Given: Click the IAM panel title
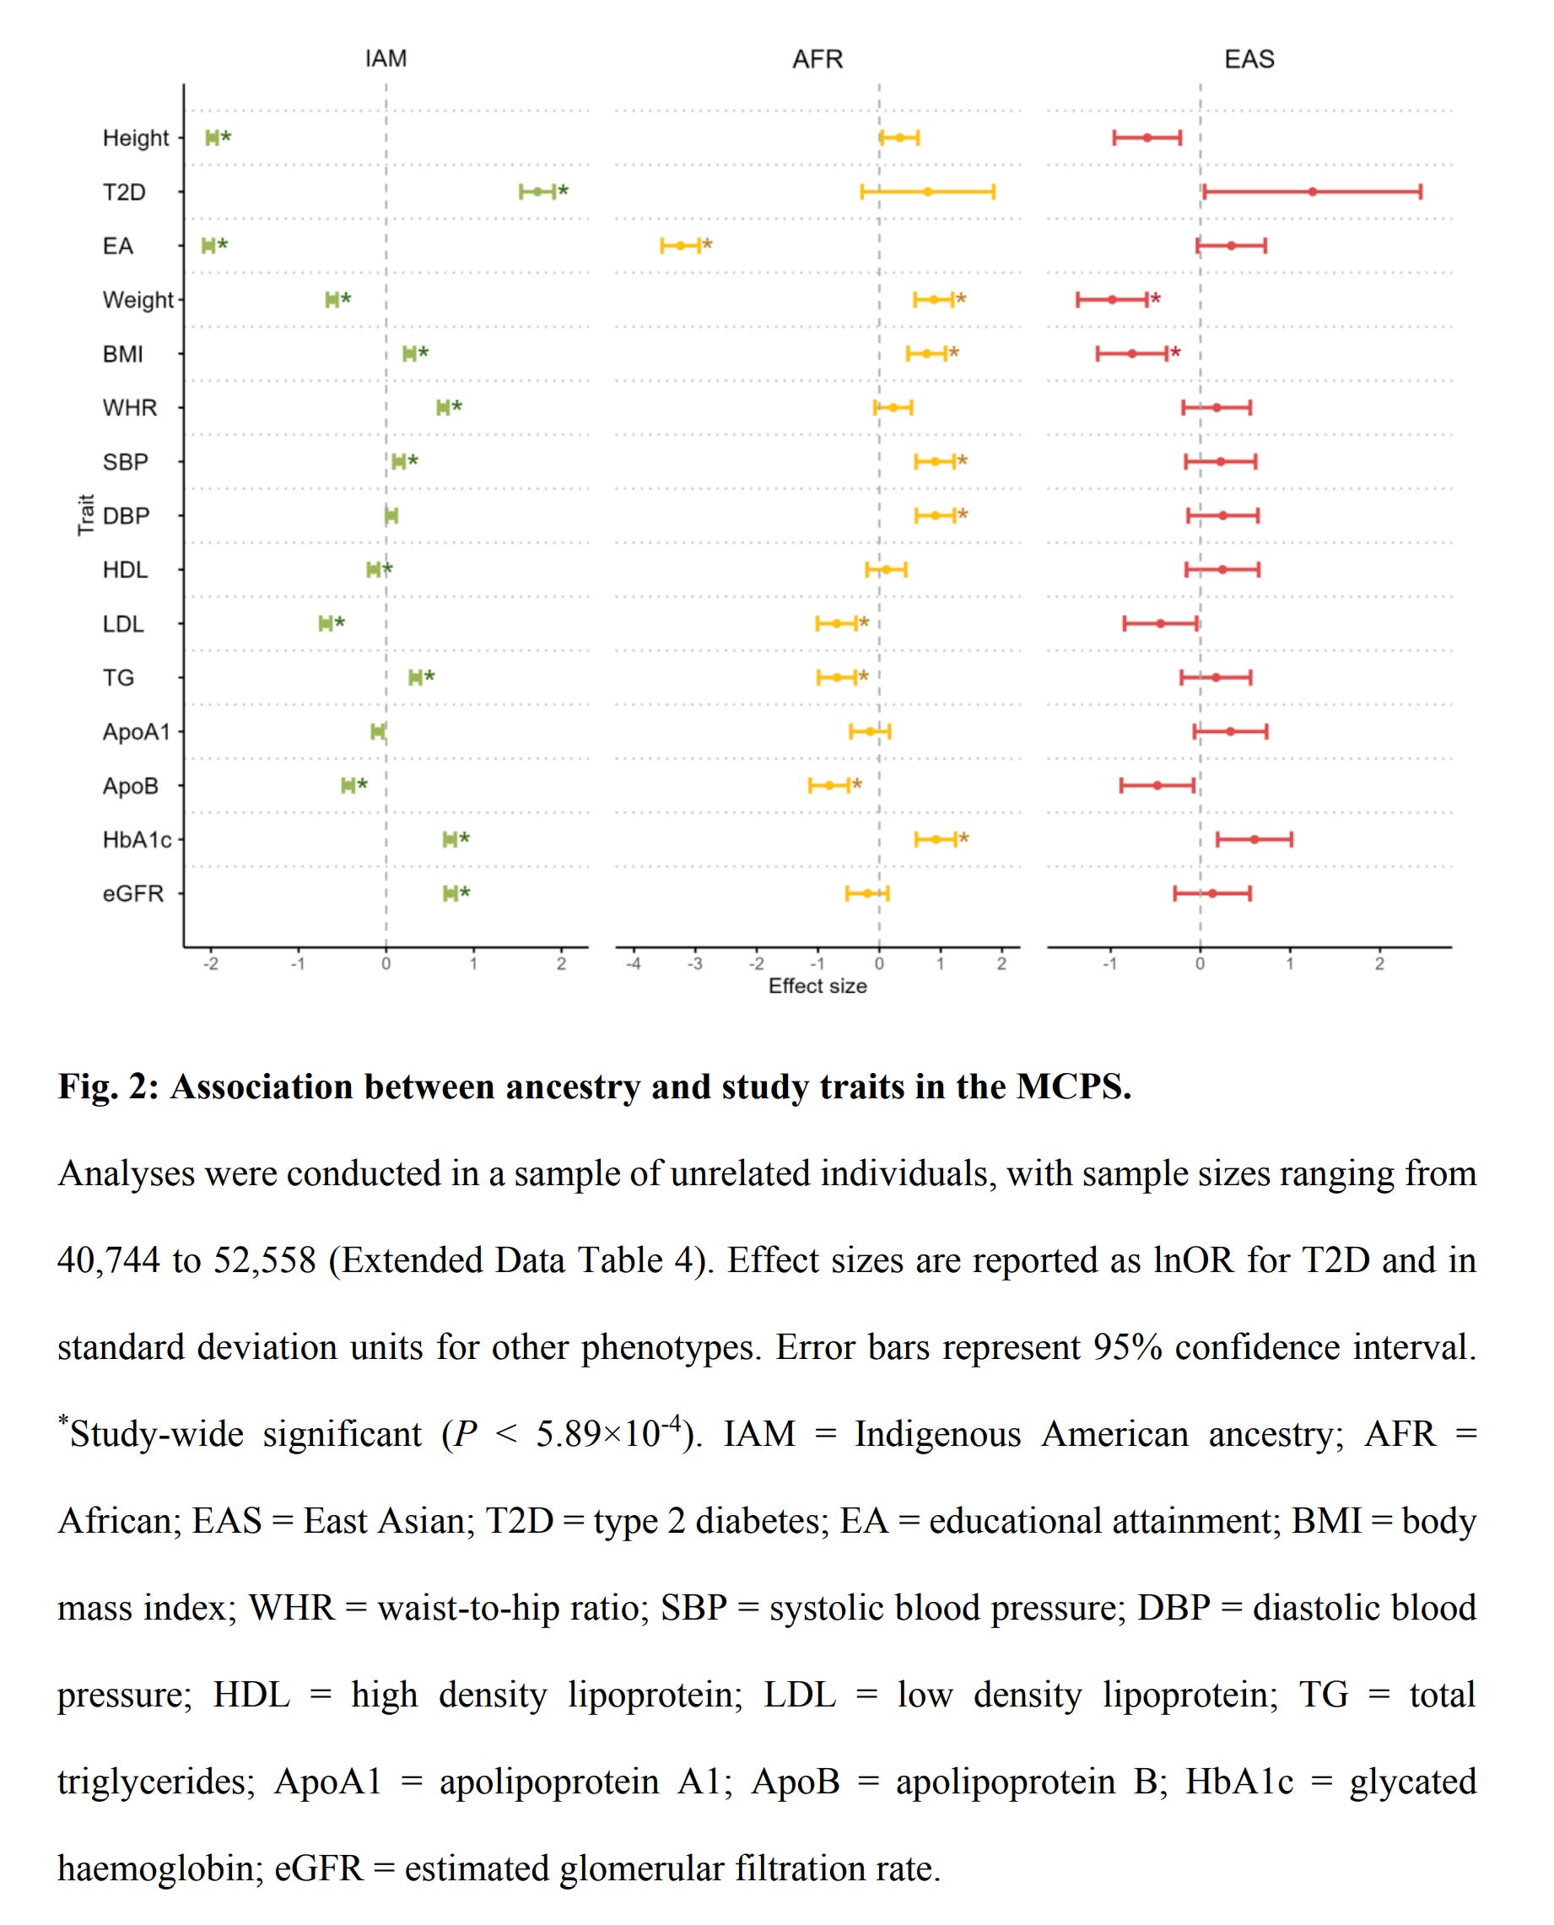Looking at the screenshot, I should click(x=386, y=58).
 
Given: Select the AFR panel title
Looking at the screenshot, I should click(x=817, y=59).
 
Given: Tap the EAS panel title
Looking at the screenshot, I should click(x=1249, y=59).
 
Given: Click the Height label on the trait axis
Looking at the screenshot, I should click(x=135, y=137).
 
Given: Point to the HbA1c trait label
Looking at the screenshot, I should click(x=136, y=839).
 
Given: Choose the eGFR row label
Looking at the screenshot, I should click(x=132, y=893).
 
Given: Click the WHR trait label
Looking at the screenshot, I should click(x=129, y=408).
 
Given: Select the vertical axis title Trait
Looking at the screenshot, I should click(x=86, y=515).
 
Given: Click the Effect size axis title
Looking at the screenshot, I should click(x=817, y=985).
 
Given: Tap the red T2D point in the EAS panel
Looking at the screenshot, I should click(x=1313, y=191).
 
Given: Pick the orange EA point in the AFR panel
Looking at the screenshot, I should click(x=680, y=245).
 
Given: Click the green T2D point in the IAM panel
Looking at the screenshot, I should click(x=537, y=191).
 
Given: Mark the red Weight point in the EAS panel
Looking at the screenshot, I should click(x=1112, y=299).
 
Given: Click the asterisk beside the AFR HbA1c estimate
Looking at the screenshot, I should click(x=963, y=839).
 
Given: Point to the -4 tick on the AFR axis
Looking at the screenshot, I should click(x=633, y=964).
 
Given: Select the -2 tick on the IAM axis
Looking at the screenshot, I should click(x=210, y=964).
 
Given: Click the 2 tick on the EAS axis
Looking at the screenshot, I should click(x=1379, y=964).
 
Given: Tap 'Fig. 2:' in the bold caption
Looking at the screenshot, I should click(x=107, y=1087).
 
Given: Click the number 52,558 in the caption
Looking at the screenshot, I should click(x=265, y=1260).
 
